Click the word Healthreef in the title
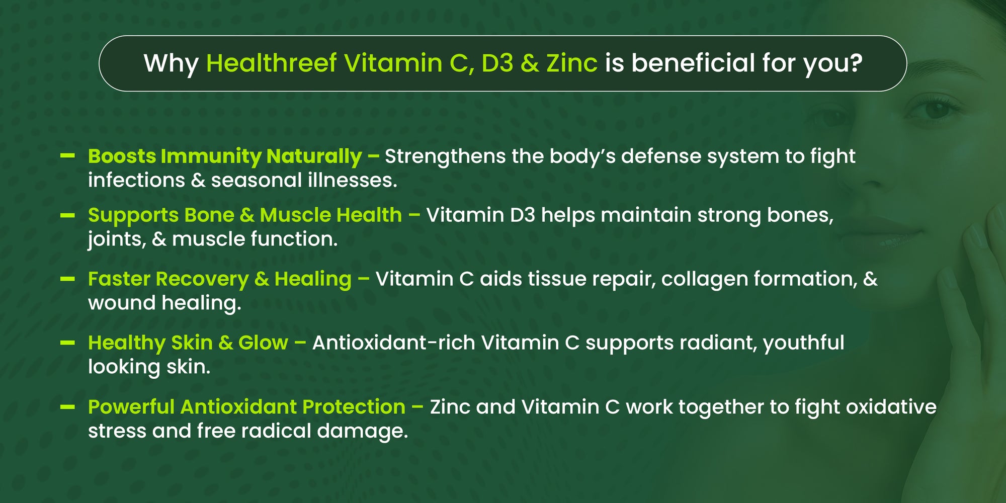(272, 63)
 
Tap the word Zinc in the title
(572, 63)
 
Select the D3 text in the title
(497, 63)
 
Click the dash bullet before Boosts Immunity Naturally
(67, 156)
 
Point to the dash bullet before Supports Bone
(67, 215)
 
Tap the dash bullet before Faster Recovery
(67, 279)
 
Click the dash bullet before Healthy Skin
(67, 343)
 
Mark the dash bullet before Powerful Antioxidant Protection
(67, 407)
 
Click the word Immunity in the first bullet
(210, 157)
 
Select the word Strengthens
(445, 157)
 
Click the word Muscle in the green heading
(295, 215)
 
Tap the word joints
(117, 240)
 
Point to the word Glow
(263, 343)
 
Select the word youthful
(804, 344)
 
